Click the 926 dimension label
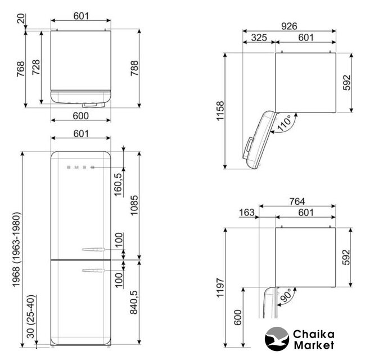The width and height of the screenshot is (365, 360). [x=289, y=26]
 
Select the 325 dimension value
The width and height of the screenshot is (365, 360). [x=259, y=38]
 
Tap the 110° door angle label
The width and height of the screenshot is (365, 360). [x=285, y=123]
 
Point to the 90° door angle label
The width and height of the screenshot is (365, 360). [x=285, y=296]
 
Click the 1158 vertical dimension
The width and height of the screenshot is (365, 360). [x=220, y=111]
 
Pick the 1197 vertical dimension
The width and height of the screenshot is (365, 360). [x=220, y=287]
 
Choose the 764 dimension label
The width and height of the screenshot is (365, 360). [x=297, y=201]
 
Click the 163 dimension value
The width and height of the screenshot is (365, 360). [x=246, y=213]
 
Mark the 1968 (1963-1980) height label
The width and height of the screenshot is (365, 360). [x=16, y=249]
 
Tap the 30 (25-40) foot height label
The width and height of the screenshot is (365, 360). [x=30, y=317]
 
